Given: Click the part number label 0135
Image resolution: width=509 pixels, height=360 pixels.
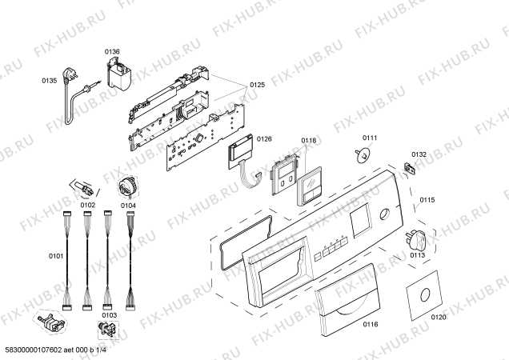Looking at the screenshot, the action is click(50, 81).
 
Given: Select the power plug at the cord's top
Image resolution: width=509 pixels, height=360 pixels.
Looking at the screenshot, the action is click(71, 74).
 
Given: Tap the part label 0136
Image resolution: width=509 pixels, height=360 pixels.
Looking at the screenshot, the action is click(112, 52).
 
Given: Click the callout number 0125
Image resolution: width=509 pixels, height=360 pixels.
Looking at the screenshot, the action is click(257, 85).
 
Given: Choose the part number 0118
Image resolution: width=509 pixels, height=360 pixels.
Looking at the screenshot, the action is click(308, 140).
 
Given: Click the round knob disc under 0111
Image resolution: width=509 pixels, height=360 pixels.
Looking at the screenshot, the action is click(363, 155).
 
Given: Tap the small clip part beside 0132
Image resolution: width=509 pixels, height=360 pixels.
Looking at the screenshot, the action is click(409, 168).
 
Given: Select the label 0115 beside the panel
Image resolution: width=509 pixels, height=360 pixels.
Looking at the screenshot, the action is click(427, 200).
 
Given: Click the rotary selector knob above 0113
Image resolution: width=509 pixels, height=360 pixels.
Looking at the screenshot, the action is click(415, 241).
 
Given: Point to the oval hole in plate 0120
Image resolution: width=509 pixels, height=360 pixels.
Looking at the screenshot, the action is click(425, 294).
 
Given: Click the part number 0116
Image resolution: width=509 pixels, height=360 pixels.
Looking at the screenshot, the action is click(371, 324).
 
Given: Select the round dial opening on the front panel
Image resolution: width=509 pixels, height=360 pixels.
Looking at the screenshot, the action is click(385, 214).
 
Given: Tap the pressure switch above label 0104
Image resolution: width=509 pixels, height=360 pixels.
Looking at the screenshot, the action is click(127, 187).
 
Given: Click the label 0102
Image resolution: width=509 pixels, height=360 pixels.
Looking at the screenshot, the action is click(88, 205).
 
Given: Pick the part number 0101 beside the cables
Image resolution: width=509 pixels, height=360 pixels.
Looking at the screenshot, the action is click(56, 256).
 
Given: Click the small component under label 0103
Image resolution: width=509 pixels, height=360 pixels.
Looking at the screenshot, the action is click(108, 329).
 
